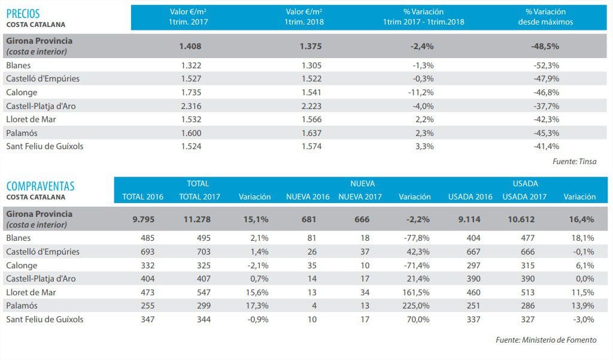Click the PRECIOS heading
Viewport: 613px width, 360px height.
click(x=24, y=13)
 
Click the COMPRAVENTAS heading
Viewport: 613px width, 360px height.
click(x=40, y=186)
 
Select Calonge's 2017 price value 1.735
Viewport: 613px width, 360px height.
click(x=190, y=92)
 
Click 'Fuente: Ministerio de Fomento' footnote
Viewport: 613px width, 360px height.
click(x=546, y=340)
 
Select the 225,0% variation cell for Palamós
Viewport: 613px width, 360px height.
click(x=418, y=305)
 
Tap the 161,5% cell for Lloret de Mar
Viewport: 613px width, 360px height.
click(x=418, y=292)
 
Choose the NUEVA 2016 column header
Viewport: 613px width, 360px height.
click(x=308, y=196)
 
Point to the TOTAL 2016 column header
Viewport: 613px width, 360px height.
click(x=142, y=196)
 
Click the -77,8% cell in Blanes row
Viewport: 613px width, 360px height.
click(x=418, y=238)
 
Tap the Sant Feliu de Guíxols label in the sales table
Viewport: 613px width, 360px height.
click(x=44, y=319)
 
